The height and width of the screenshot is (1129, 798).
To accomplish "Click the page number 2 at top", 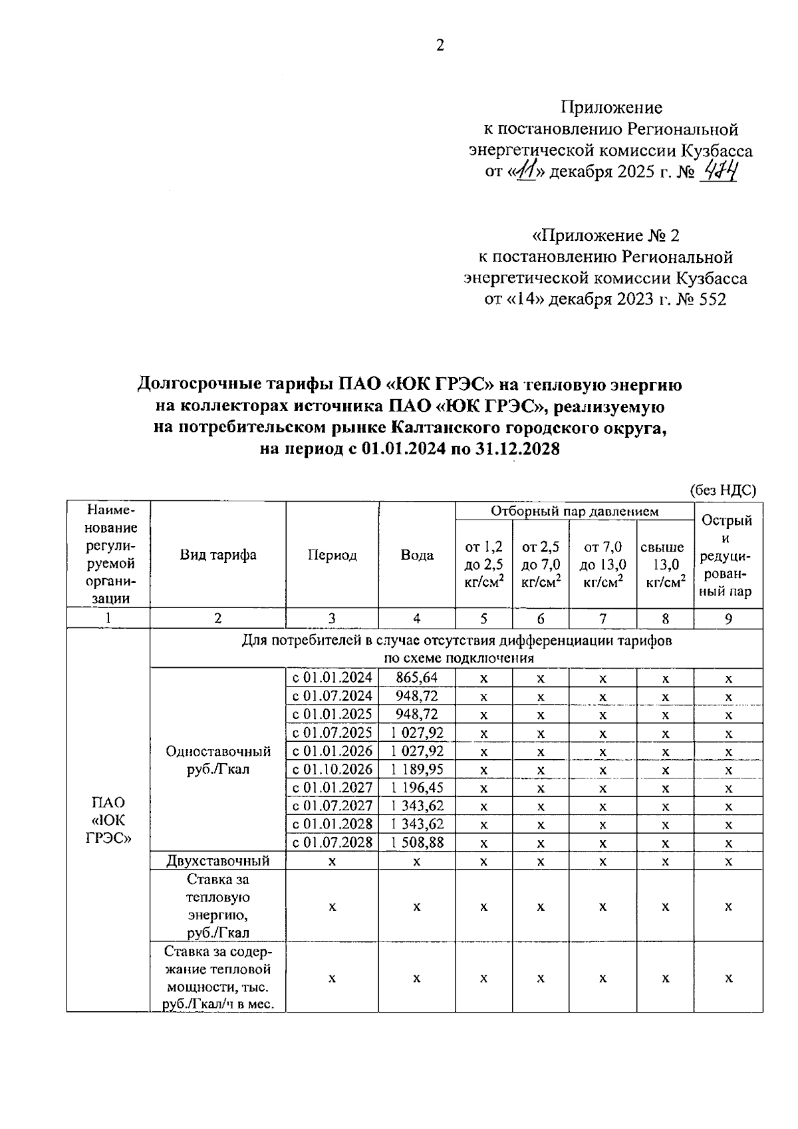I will tap(440, 45).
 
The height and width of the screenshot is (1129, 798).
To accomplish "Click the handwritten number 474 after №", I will tap(721, 172).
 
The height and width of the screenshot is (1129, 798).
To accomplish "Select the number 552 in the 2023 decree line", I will tap(713, 299).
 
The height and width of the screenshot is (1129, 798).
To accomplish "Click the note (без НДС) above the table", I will tap(723, 490).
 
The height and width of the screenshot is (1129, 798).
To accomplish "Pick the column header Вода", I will tap(417, 555).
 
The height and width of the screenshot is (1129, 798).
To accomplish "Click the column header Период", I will tap(332, 555).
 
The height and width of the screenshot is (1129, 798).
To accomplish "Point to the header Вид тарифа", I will tap(218, 555).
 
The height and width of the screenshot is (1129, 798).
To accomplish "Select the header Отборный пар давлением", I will tap(575, 511).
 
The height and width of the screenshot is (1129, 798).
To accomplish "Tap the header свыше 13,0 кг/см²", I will tap(665, 564).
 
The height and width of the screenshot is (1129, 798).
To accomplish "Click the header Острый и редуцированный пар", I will tap(728, 555).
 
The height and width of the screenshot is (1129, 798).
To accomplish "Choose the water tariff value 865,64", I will tap(416, 678).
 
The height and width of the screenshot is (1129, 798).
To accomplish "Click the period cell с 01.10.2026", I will tap(332, 770).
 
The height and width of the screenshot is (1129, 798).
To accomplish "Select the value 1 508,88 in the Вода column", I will tap(417, 843).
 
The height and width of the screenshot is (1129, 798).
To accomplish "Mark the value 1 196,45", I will tap(417, 788).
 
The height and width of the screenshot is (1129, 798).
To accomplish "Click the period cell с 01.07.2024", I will tap(332, 696).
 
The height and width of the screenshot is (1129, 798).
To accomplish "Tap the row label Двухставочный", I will tap(218, 861).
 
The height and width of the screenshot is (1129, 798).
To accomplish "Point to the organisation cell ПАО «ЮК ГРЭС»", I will tap(108, 820).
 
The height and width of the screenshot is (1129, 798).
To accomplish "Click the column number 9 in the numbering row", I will tap(728, 619).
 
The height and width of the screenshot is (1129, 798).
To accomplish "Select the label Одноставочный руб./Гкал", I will tap(218, 760).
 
